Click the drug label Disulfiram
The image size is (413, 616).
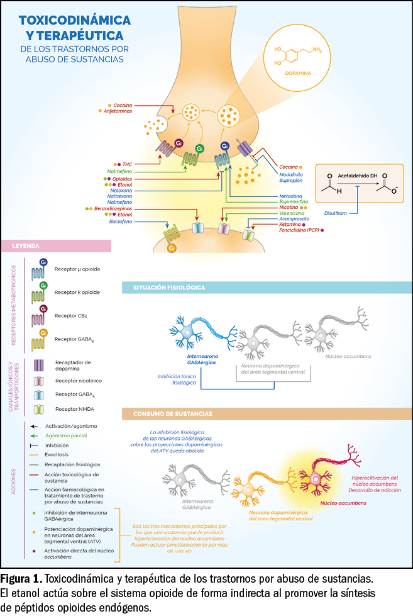pyautogui.click(x=336, y=213)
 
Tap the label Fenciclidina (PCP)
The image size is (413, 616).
pyautogui.click(x=299, y=231)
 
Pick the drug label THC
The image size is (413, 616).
pyautogui.click(x=126, y=163)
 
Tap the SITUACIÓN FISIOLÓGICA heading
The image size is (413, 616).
pyautogui.click(x=168, y=288)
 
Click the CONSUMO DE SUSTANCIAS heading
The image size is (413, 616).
pyautogui.click(x=172, y=414)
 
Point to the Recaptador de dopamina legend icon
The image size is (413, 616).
pyautogui.click(x=39, y=366)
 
